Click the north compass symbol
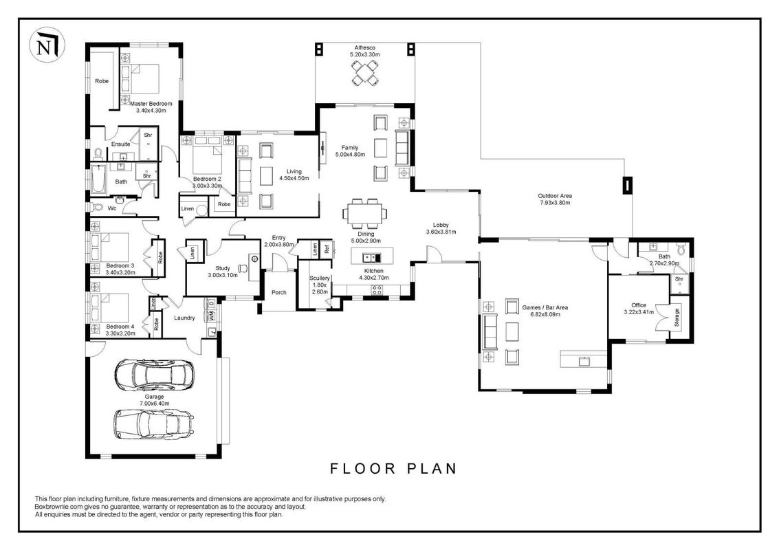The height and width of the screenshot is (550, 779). coord(47,45)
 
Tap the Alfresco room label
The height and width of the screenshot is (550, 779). coord(364,47)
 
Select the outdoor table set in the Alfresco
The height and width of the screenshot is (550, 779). coord(365,74)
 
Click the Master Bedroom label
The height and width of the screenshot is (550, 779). coord(151,104)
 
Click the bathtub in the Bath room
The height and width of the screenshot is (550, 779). coord(98,180)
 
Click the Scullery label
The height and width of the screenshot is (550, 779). coord(320,278)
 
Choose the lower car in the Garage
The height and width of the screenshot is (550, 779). coord(154,424)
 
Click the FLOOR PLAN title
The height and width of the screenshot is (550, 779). coord(393,468)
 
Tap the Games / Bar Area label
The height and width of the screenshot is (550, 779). coord(545,307)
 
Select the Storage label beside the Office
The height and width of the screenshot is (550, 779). coord(677,318)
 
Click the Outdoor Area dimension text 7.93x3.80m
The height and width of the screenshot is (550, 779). coord(555,203)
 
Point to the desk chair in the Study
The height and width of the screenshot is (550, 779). coord(243,268)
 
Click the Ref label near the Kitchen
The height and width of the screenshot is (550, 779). coord(327,249)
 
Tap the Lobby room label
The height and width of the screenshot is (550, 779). coord(441,225)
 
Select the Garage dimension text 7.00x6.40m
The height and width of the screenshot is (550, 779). coord(154,404)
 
